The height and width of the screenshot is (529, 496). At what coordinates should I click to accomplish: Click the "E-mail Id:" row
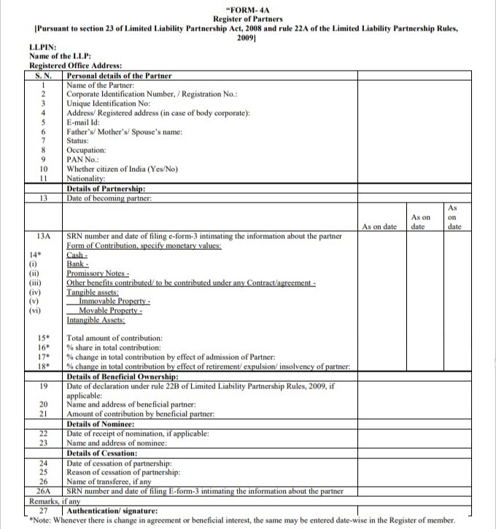pyautogui.click(x=88, y=122)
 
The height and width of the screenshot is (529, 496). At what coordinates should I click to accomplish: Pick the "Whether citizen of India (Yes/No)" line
pyautogui.click(x=123, y=169)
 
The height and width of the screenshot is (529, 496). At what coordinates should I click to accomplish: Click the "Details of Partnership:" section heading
pyautogui.click(x=105, y=188)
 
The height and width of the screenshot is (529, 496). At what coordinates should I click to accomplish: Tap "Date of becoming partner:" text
pyautogui.click(x=109, y=197)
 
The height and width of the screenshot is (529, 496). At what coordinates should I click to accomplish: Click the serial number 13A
pyautogui.click(x=44, y=236)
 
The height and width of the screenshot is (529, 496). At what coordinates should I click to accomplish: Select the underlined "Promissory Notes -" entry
pyautogui.click(x=98, y=273)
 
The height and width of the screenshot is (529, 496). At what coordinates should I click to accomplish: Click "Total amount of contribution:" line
pyautogui.click(x=114, y=338)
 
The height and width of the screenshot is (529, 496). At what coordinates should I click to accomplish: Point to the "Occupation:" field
pyautogui.click(x=86, y=150)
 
